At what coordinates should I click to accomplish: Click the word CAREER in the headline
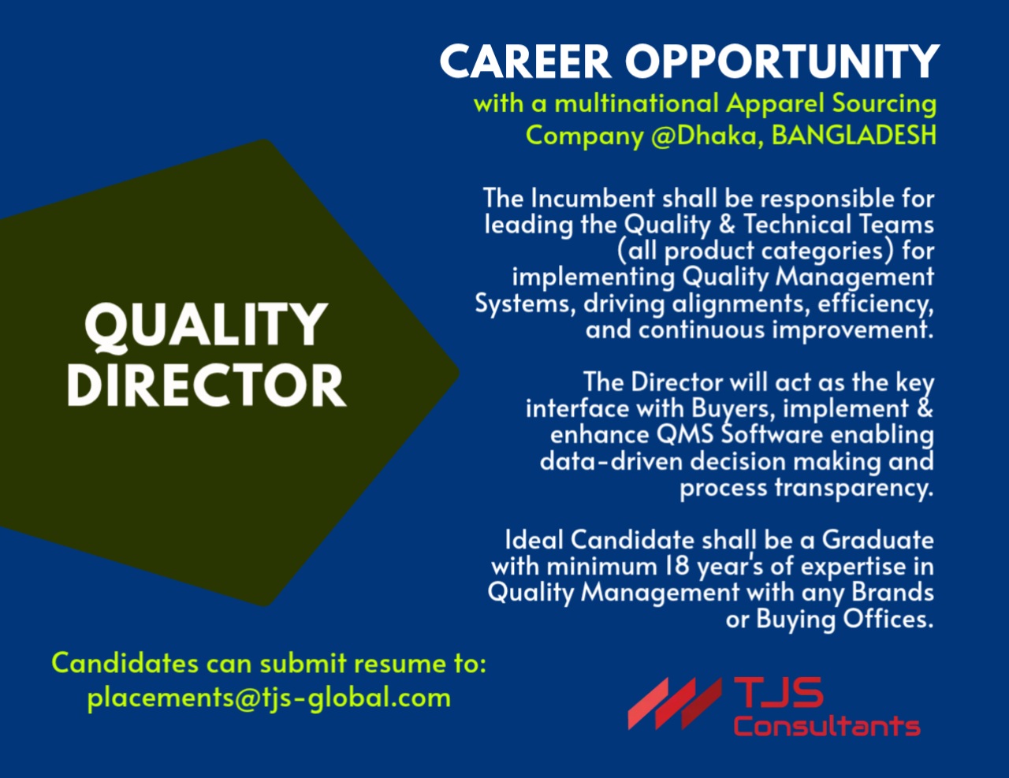click(525, 61)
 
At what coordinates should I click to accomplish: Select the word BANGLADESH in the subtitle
click(854, 135)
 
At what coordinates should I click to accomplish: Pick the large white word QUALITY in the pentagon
click(206, 326)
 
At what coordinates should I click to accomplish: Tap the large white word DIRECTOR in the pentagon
click(206, 385)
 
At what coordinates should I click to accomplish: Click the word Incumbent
click(592, 198)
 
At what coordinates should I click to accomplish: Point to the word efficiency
click(875, 303)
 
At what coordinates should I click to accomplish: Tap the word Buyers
click(732, 409)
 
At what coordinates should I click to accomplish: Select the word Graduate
click(877, 540)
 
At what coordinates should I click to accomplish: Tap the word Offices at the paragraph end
click(888, 620)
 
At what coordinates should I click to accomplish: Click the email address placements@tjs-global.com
click(269, 698)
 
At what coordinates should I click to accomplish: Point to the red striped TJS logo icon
click(672, 702)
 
